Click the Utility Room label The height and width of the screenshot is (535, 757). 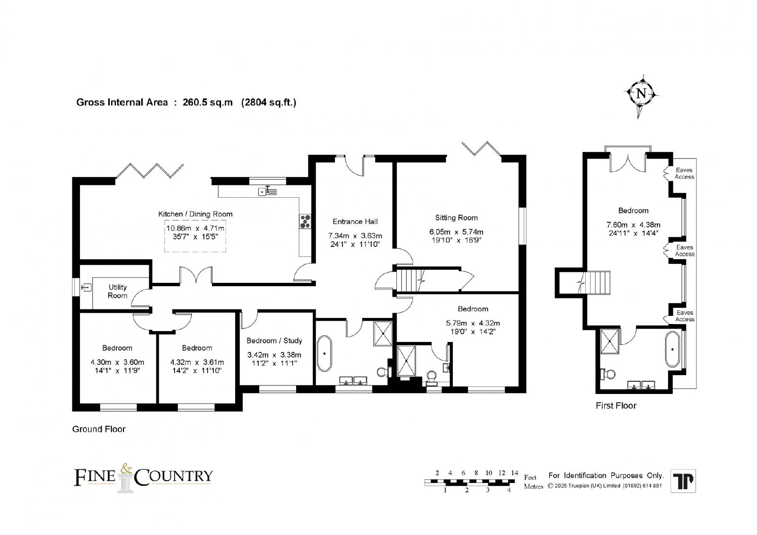tap(118, 291)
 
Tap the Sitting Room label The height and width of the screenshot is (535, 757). tap(456, 218)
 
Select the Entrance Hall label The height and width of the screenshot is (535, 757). tap(355, 221)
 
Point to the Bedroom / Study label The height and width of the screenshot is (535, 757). tap(274, 341)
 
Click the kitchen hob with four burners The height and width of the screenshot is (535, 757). tap(305, 221)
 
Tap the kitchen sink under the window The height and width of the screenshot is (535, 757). tap(268, 191)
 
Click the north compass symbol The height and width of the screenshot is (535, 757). tap(641, 96)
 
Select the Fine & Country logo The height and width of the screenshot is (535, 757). tap(143, 477)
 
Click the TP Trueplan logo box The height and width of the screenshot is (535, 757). tap(683, 481)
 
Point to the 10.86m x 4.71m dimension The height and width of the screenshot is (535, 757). tap(195, 228)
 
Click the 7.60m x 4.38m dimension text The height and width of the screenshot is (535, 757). tap(634, 225)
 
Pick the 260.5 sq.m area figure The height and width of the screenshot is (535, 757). tap(208, 102)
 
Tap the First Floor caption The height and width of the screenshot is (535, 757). tap(616, 405)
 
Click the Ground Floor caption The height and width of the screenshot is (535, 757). tap(99, 429)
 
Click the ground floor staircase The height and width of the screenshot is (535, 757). tap(409, 280)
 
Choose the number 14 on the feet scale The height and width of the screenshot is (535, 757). tap(514, 473)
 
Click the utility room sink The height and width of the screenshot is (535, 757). tap(86, 288)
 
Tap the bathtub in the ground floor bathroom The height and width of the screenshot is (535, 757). tap(325, 354)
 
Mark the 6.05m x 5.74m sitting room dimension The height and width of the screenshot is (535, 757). tap(456, 232)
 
